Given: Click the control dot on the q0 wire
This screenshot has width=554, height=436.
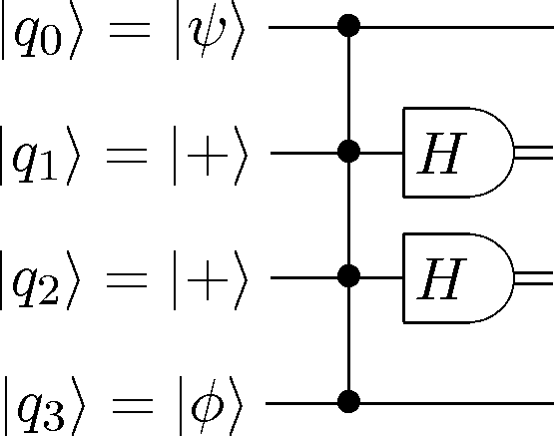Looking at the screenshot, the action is [348, 25].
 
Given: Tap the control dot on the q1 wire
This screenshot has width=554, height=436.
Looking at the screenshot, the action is [348, 151].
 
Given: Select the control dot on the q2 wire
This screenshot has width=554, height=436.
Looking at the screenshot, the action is [348, 276].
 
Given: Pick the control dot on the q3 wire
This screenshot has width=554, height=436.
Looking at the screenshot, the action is [348, 401].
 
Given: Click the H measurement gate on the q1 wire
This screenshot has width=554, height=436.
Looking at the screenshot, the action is [458, 153].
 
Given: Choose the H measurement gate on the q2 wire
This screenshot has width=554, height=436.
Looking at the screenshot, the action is [458, 277].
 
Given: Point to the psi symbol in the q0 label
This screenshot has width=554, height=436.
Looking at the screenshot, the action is [208, 34].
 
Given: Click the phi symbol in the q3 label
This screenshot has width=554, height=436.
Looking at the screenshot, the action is [208, 407].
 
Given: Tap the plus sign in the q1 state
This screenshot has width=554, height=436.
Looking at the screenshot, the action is [208, 155].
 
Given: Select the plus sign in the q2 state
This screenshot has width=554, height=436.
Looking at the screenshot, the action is [208, 280].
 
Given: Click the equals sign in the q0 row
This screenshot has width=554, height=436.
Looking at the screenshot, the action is [130, 30].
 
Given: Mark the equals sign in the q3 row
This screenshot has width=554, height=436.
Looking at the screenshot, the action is [133, 406].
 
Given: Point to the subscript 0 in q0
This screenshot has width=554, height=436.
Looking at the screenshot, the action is [51, 42].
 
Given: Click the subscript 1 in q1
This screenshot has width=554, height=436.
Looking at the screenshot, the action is [48, 168].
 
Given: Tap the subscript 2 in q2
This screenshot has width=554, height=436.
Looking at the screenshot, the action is [48, 293].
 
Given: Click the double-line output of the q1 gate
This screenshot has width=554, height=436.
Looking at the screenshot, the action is [534, 153].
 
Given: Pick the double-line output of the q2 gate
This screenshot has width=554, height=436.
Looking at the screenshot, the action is [534, 277].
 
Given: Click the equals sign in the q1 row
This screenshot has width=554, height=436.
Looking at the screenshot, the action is [127, 155].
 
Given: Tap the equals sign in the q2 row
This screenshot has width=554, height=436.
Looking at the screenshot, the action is [127, 280].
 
